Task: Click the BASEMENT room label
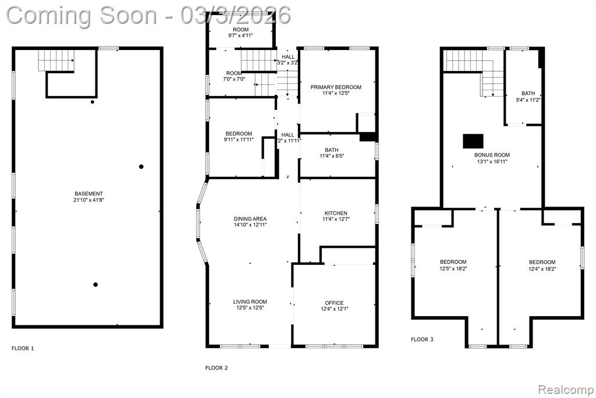(x=88, y=194)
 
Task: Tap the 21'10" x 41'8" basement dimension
(x=88, y=200)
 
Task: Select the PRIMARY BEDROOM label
(x=336, y=87)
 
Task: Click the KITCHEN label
(x=336, y=213)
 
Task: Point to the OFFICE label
(x=334, y=303)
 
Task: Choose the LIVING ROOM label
(x=250, y=302)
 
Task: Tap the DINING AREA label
(x=250, y=219)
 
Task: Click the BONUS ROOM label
(x=492, y=155)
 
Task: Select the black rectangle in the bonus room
(x=473, y=141)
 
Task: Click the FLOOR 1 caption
(x=23, y=348)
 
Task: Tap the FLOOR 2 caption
(x=217, y=368)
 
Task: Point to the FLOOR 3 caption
(x=422, y=339)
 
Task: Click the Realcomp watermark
(x=566, y=390)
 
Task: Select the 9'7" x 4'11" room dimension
(x=240, y=35)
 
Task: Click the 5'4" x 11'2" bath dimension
(x=528, y=100)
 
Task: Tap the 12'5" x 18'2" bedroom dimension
(x=453, y=268)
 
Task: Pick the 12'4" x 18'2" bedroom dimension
(x=542, y=269)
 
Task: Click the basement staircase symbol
(x=56, y=61)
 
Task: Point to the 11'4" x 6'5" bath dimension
(x=332, y=156)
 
